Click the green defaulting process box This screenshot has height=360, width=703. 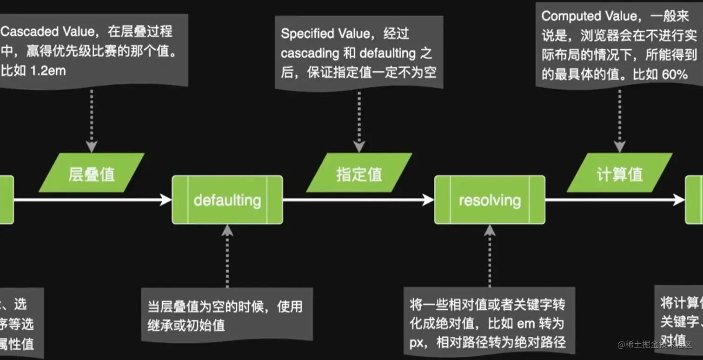tap(227, 200)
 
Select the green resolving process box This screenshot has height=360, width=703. tap(490, 200)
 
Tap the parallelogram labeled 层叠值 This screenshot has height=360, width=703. tap(92, 173)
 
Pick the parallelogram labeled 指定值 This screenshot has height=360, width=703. tap(359, 173)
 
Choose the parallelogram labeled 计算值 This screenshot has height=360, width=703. tap(619, 173)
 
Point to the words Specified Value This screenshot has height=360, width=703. tap(325, 33)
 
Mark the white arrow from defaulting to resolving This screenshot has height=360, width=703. tap(358, 200)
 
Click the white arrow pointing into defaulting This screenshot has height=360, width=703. tap(93, 200)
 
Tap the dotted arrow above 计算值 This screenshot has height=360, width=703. tap(619, 120)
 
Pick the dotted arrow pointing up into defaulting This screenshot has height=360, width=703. tap(227, 256)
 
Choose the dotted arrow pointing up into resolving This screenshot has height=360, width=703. tap(490, 256)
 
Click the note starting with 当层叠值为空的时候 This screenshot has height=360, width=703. tap(226, 315)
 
